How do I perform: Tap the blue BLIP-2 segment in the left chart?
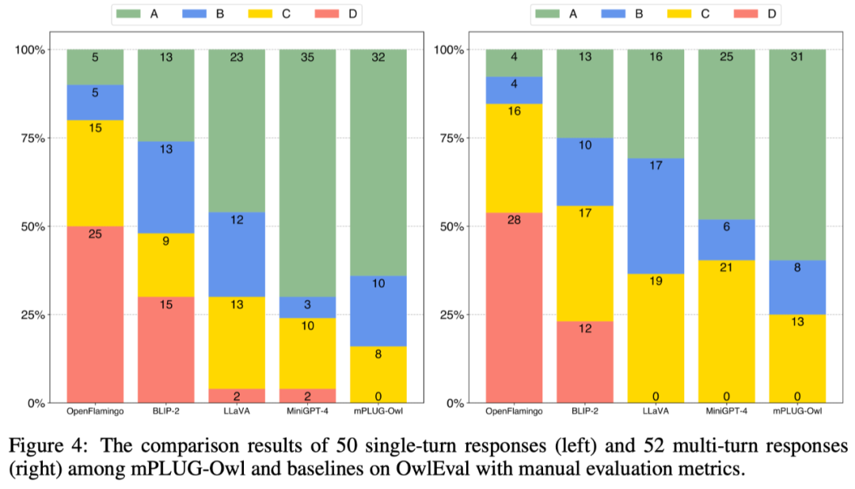tap(166, 188)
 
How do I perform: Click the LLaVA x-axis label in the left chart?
tap(237, 411)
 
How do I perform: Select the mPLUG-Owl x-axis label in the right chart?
tap(797, 411)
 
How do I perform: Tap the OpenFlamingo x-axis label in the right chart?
tap(514, 411)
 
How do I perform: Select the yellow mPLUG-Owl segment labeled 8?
tap(378, 354)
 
